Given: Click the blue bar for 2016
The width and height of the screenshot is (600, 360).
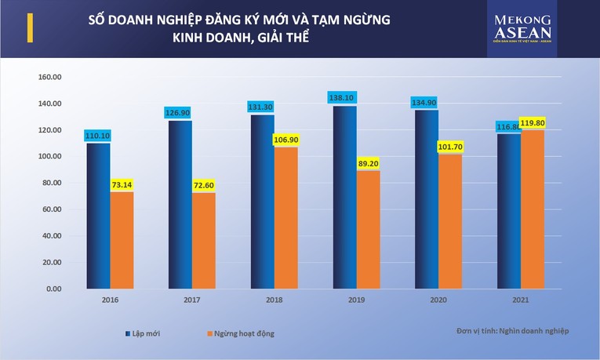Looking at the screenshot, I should click(98, 216).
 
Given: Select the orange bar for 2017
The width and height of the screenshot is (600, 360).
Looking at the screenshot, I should click(203, 240).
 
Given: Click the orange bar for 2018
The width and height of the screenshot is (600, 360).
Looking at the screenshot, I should click(285, 217).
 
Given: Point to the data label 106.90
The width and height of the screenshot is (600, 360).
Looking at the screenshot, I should click(286, 140).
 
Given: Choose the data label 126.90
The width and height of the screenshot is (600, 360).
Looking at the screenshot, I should click(180, 113).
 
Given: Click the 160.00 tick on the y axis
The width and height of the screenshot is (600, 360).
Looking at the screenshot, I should click(49, 77).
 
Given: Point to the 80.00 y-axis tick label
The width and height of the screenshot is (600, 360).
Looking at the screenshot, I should click(51, 183).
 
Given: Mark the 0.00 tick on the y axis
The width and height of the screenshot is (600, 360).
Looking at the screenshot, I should click(53, 289).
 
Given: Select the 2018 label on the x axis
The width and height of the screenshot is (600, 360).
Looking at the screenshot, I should click(274, 299).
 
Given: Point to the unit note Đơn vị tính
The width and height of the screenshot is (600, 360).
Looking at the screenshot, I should click(513, 331).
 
